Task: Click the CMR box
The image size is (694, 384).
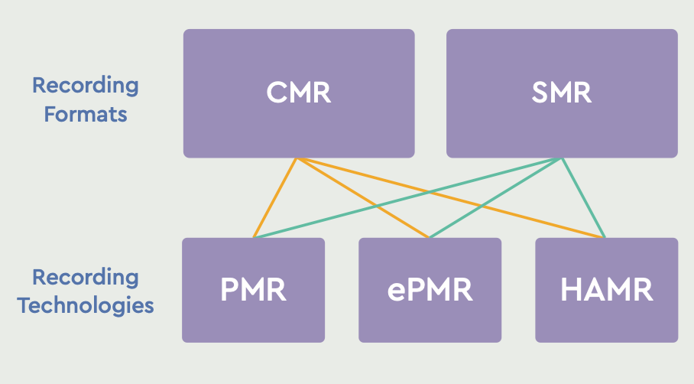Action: [x=299, y=93]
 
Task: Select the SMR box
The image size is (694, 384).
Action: [x=562, y=93]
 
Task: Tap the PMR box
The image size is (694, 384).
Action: [x=253, y=290]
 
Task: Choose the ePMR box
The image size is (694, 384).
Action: [x=430, y=290]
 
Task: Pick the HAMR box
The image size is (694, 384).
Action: [x=606, y=290]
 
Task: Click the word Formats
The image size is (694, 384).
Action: [x=86, y=115]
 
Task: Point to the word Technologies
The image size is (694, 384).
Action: [x=86, y=306]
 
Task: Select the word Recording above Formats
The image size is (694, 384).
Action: [x=86, y=85]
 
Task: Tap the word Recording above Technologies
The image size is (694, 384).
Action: [x=86, y=276]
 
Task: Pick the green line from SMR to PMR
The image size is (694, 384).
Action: [x=344, y=214]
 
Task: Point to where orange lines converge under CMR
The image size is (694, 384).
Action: [x=297, y=159]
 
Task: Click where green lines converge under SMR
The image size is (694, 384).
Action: [x=562, y=159]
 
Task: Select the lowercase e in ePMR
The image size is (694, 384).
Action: [x=396, y=292]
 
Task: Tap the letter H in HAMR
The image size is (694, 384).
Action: [x=570, y=290]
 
